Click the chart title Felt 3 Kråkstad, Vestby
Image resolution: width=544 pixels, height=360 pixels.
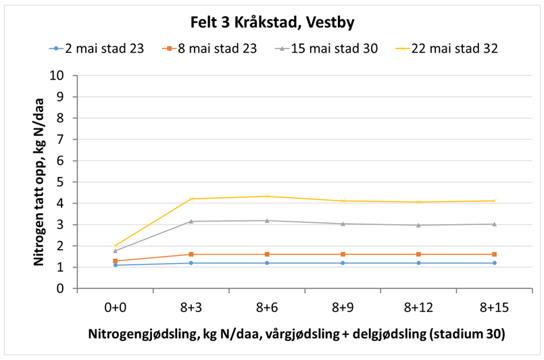point(272,22)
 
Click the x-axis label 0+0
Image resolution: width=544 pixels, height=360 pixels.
point(116,307)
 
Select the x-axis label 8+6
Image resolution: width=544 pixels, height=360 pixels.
point(267,307)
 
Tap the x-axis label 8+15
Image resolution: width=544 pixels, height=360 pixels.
point(495,307)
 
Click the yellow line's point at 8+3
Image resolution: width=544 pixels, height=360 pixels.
point(191,199)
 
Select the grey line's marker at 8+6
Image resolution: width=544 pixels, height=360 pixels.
point(267,220)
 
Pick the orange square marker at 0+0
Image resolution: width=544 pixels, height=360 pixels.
point(116,261)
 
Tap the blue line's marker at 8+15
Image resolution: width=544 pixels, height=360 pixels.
point(495,263)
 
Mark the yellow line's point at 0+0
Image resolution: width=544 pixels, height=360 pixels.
point(116,246)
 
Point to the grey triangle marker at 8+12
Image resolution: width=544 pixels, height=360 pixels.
point(419,225)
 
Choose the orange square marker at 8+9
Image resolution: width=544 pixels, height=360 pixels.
point(343,254)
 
